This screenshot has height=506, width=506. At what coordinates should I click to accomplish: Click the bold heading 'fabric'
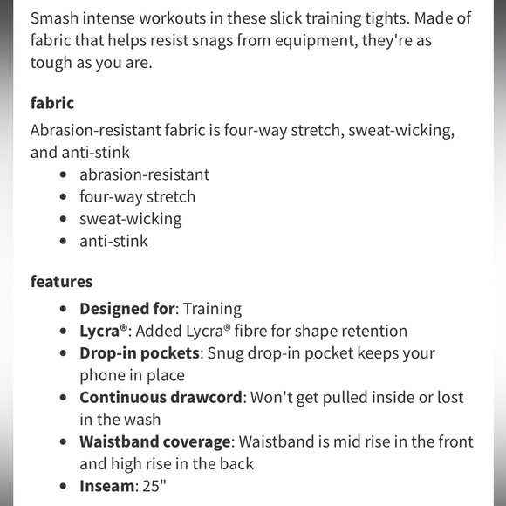[52, 102]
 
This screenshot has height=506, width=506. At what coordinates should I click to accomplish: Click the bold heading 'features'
[61, 281]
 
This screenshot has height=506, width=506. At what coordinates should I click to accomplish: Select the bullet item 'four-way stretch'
[138, 196]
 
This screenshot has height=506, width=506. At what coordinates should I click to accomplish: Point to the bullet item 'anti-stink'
[113, 241]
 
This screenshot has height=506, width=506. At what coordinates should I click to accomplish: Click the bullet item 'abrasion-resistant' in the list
[144, 174]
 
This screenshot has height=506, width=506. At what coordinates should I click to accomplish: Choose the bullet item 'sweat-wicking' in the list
[131, 219]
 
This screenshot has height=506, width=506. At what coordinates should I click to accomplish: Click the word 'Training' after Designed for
[213, 309]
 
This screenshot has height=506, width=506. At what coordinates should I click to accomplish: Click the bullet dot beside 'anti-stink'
[63, 242]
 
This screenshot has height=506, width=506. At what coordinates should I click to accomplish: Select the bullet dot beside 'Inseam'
[63, 487]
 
